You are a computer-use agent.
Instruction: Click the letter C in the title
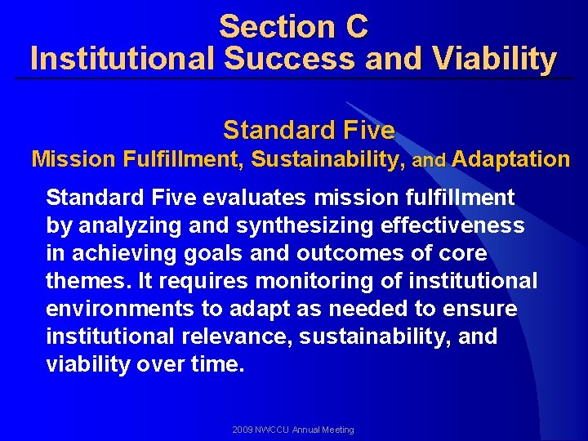click(356, 27)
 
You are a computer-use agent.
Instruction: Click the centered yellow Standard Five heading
click(309, 130)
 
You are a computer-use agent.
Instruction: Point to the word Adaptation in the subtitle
click(510, 159)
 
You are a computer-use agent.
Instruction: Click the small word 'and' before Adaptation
click(429, 161)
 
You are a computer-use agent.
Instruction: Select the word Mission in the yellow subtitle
click(73, 159)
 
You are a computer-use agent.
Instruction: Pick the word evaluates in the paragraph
click(256, 198)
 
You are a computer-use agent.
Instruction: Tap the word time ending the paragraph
click(217, 364)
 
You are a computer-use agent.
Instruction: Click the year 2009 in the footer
click(243, 430)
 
